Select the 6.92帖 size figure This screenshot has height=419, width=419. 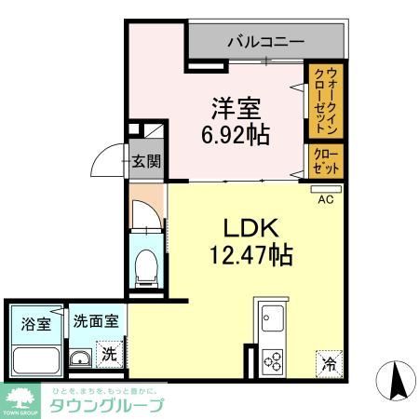235,134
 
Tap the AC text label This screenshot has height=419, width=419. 326,198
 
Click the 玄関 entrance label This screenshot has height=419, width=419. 144,161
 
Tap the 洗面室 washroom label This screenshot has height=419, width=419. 97,321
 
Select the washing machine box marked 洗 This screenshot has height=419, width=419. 110,354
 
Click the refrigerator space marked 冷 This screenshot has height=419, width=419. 328,359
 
